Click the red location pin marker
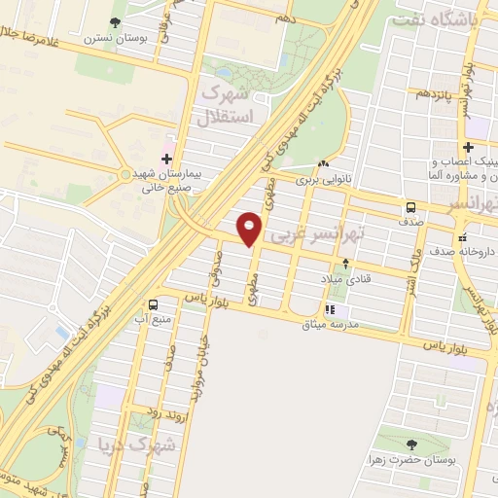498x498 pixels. coord(251,228)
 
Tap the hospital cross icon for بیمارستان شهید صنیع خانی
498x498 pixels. coord(166,158)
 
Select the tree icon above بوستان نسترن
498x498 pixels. coord(117,20)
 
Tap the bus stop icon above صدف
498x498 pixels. coord(411,206)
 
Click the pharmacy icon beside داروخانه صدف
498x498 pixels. coord(463,234)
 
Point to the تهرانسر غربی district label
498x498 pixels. coord(316,235)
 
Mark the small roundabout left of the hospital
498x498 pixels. coord(124,175)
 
